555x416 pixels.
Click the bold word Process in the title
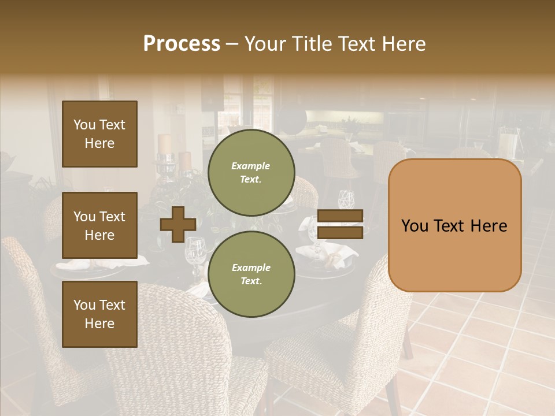pyautogui.click(x=182, y=44)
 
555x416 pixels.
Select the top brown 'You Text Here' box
pyautogui.click(x=99, y=134)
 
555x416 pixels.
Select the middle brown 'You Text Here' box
pyautogui.click(x=99, y=225)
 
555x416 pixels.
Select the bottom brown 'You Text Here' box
pyautogui.click(x=99, y=314)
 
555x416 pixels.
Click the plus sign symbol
pyautogui.click(x=177, y=224)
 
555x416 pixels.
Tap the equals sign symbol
pyautogui.click(x=341, y=224)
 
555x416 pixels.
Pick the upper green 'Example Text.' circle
pyautogui.click(x=251, y=172)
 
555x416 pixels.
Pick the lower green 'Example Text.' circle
pyautogui.click(x=251, y=274)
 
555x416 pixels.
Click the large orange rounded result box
pyautogui.click(x=454, y=225)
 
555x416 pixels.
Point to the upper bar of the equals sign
pyautogui.click(x=341, y=216)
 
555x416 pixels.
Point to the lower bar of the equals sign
pyautogui.click(x=341, y=232)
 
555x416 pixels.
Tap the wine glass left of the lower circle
pyautogui.click(x=195, y=251)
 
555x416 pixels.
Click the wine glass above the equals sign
pyautogui.click(x=346, y=199)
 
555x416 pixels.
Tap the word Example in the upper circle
pyautogui.click(x=251, y=166)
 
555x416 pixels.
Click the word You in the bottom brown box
pyautogui.click(x=84, y=304)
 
